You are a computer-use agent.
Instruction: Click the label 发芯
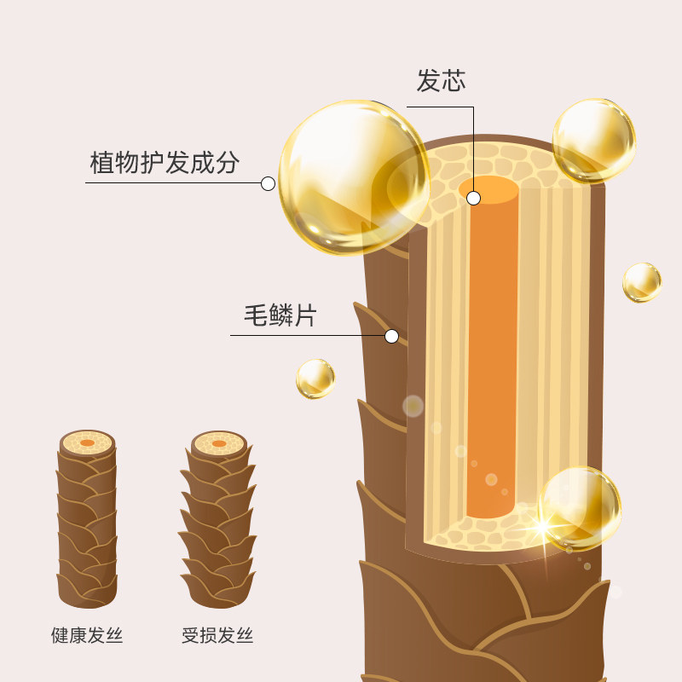(441, 81)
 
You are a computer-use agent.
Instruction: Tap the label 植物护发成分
(165, 162)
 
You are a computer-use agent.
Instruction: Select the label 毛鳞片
(280, 316)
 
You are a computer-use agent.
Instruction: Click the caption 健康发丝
(87, 636)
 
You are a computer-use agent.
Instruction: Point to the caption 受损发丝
(217, 636)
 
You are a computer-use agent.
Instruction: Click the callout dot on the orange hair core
(474, 198)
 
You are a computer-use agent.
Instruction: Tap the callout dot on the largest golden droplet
(268, 182)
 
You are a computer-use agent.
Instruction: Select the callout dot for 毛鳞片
(391, 336)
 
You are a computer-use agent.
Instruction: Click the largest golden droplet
(354, 177)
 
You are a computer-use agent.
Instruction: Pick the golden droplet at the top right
(594, 140)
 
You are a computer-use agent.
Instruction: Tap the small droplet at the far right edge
(642, 282)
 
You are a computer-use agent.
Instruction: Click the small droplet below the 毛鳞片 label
(315, 379)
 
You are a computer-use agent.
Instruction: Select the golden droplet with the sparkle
(580, 507)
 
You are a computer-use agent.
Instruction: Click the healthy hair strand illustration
(87, 520)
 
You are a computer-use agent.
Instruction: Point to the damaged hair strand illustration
(218, 520)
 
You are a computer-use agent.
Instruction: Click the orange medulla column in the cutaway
(492, 358)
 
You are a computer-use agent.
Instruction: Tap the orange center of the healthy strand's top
(87, 443)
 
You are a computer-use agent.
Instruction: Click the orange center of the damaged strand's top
(219, 443)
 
